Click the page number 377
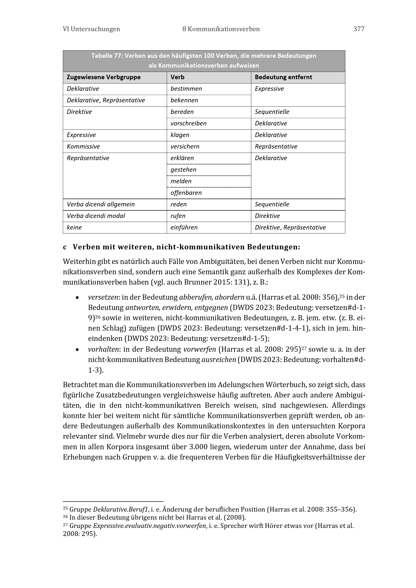pos(359,29)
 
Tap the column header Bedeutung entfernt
pos(283,77)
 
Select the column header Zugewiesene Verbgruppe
pos(103,77)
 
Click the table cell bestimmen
pos(186,88)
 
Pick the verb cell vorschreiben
pos(189,123)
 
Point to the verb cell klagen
pos(180,135)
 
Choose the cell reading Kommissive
pos(83,147)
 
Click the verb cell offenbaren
pos(186,193)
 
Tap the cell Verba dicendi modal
pos(96,216)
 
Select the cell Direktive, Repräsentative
pos(290,228)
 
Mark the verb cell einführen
pos(184,228)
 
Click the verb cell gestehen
pos(183,169)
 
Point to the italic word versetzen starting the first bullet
pos(103,297)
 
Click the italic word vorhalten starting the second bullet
pos(103,349)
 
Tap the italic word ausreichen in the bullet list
pos(219,360)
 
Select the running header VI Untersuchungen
pos(91,29)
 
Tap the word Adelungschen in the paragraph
pos(240,385)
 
